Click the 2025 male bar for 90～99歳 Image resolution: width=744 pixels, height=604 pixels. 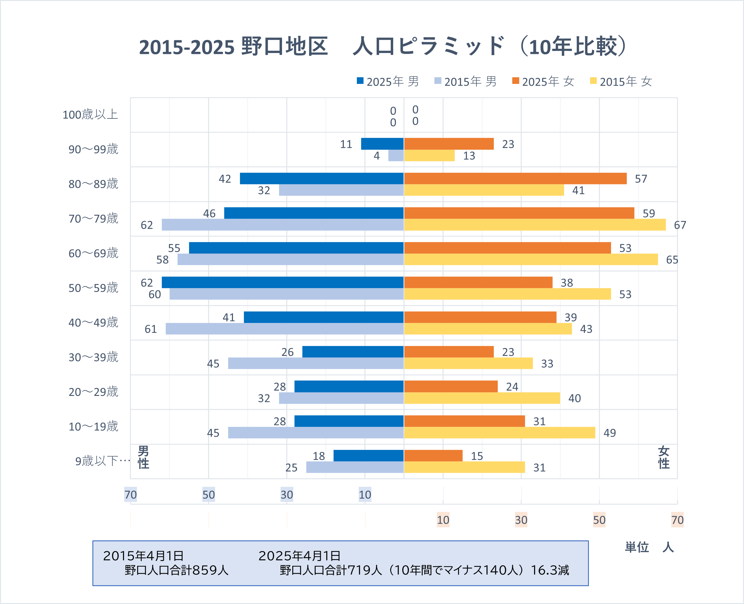(382, 144)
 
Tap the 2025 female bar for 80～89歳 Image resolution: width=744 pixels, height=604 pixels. (515, 178)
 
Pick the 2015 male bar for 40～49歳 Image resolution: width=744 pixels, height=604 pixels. (284, 329)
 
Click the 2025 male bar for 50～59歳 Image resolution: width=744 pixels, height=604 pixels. (283, 283)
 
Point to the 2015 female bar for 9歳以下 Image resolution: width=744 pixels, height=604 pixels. (464, 467)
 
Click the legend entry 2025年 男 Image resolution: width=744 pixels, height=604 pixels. (388, 82)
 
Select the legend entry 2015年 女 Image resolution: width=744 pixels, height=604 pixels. (621, 82)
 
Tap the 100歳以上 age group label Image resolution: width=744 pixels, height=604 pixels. (90, 114)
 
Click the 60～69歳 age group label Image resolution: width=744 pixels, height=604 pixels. (93, 253)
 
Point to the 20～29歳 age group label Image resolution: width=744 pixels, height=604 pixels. (93, 392)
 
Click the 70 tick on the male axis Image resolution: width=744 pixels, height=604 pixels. (131, 494)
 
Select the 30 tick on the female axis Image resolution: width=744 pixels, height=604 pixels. (521, 520)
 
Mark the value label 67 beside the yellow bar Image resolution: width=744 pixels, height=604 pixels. (680, 225)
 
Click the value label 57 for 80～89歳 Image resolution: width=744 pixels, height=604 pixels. (641, 179)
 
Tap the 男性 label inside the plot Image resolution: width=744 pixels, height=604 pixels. (143, 457)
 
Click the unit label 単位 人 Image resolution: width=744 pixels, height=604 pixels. (649, 547)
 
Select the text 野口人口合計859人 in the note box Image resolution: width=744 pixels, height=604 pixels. (176, 570)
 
